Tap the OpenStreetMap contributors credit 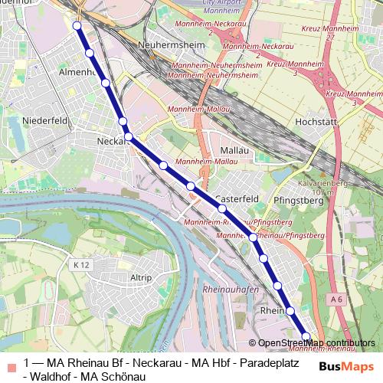coord(316,342)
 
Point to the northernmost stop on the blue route coord(77,26)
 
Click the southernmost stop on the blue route coord(306,336)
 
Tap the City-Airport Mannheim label coord(205,8)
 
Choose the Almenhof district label coord(75,72)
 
